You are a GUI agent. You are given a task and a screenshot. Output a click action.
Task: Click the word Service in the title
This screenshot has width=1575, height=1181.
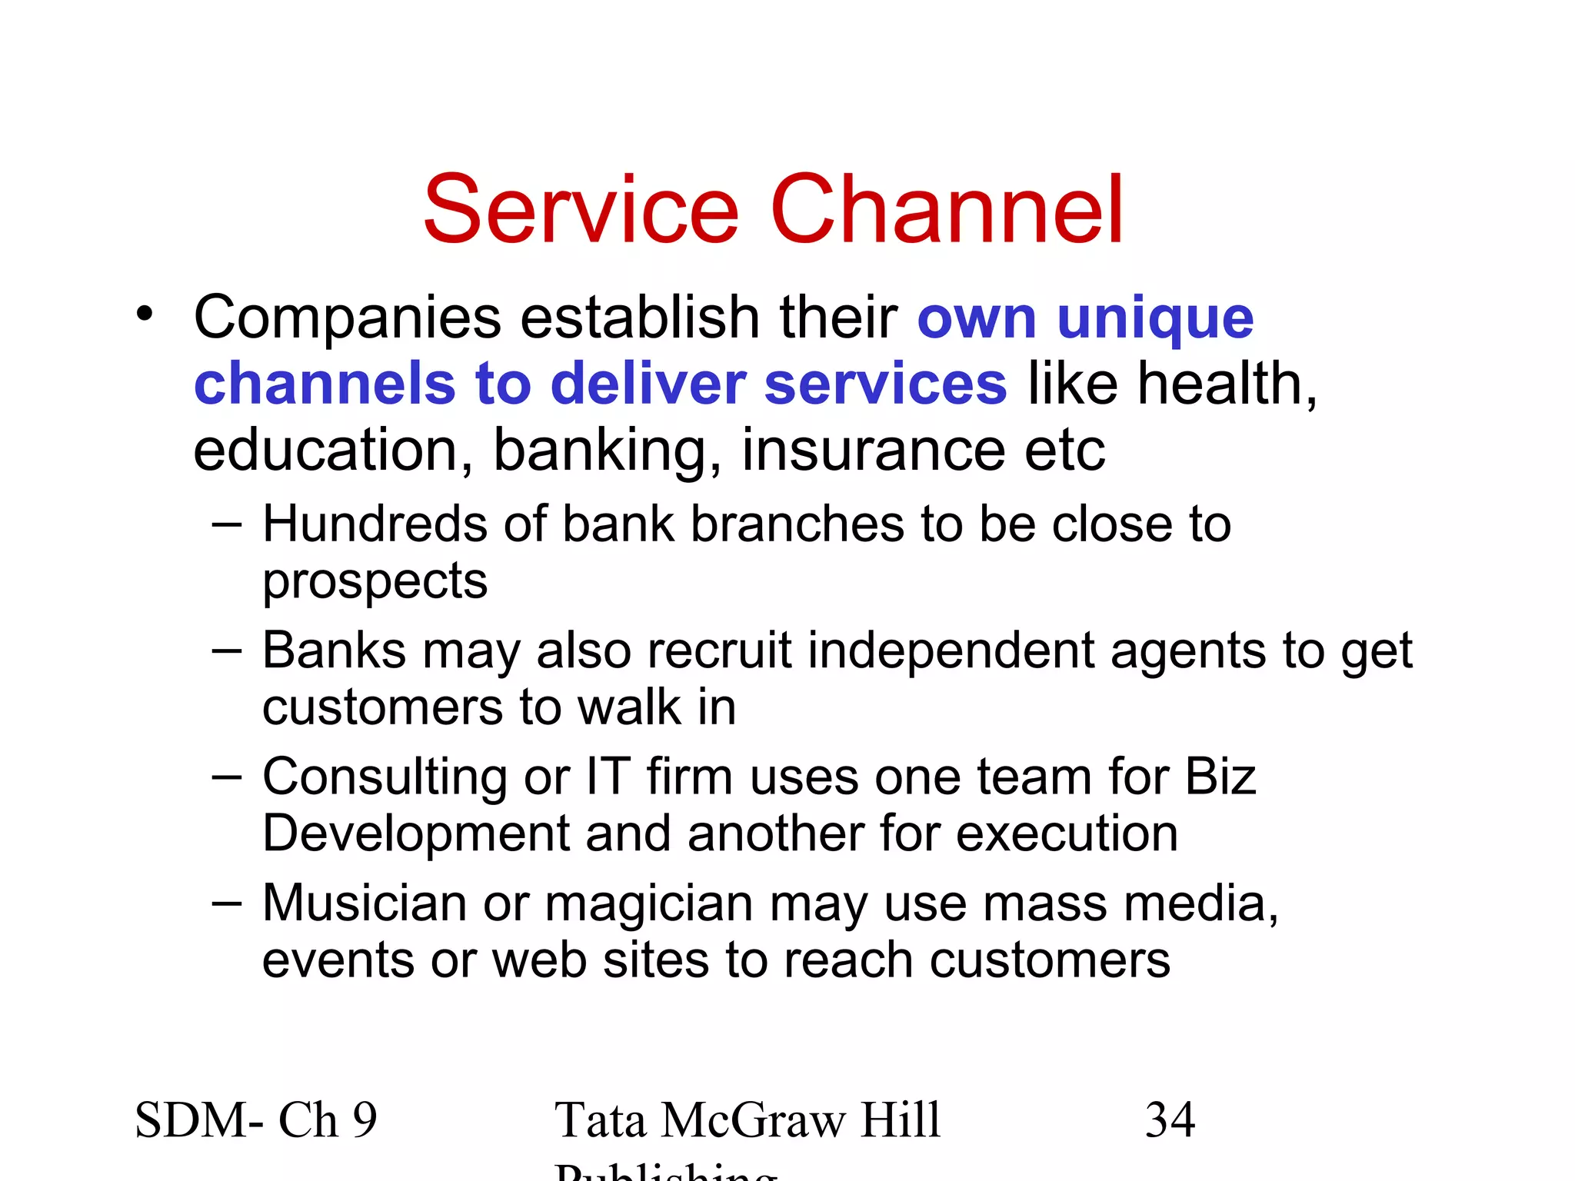pyautogui.click(x=581, y=209)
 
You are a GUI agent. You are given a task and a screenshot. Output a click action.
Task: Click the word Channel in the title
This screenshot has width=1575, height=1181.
pyautogui.click(x=947, y=209)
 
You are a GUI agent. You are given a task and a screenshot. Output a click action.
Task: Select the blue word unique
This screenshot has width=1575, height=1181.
pyautogui.click(x=1155, y=318)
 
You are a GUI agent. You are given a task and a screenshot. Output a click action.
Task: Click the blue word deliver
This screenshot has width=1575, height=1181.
pyautogui.click(x=648, y=384)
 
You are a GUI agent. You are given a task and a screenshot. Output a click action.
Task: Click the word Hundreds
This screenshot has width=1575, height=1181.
pyautogui.click(x=375, y=524)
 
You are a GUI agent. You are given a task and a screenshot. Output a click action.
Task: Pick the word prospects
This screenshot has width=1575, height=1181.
pyautogui.click(x=375, y=581)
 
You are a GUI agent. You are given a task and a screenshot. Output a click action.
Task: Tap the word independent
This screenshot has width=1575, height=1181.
pyautogui.click(x=950, y=650)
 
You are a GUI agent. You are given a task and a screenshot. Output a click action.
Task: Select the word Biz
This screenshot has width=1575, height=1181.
pyautogui.click(x=1220, y=777)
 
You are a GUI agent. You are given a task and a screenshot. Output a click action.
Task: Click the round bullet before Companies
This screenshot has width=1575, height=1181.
pyautogui.click(x=145, y=314)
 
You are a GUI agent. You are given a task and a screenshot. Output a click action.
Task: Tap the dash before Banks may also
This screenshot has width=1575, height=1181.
pyautogui.click(x=226, y=650)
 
